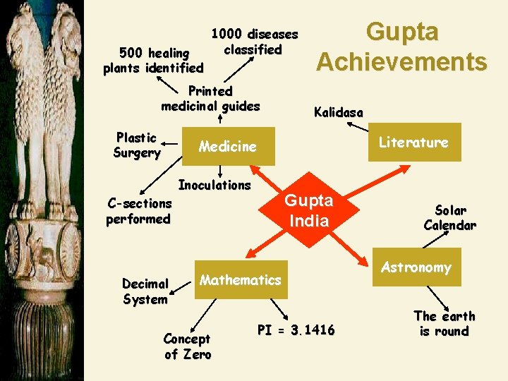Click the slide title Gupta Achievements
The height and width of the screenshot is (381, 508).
pyautogui.click(x=401, y=47)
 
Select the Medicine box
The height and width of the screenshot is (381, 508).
pyautogui.click(x=228, y=146)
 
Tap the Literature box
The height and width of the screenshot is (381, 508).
pyautogui.click(x=413, y=142)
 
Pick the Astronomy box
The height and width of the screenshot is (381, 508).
pyautogui.click(x=416, y=267)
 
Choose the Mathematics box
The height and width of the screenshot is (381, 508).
pyautogui.click(x=240, y=280)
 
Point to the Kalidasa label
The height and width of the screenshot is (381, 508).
pyautogui.click(x=339, y=112)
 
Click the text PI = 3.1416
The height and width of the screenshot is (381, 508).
pyautogui.click(x=296, y=329)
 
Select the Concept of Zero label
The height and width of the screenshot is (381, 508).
pyautogui.click(x=188, y=346)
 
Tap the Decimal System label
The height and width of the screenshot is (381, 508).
pyautogui.click(x=145, y=291)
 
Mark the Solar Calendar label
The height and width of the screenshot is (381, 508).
pyautogui.click(x=449, y=218)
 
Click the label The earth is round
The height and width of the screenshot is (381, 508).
pyautogui.click(x=444, y=323)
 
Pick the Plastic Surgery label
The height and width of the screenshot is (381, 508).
pyautogui.click(x=137, y=145)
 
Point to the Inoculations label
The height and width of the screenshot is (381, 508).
pyautogui.click(x=214, y=185)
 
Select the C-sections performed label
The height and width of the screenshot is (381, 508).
pyautogui.click(x=138, y=211)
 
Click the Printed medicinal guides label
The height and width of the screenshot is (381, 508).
pyautogui.click(x=210, y=99)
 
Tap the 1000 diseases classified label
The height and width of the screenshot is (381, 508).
pyautogui.click(x=255, y=42)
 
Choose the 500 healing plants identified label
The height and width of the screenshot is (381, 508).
pyautogui.click(x=154, y=61)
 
